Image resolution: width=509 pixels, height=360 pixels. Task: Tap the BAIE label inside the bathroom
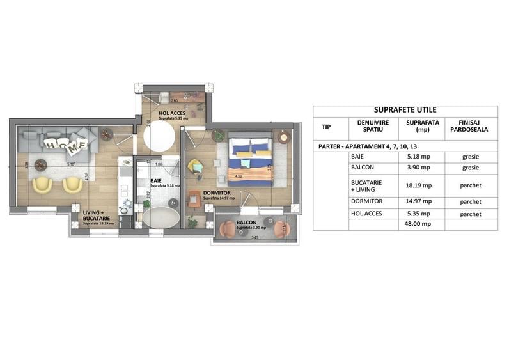click(155, 181)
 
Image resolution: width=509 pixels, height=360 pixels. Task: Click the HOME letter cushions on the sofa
click(67, 145)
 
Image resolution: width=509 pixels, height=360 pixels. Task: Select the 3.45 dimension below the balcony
click(254, 238)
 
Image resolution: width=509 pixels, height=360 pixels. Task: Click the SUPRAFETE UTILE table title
click(405, 110)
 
